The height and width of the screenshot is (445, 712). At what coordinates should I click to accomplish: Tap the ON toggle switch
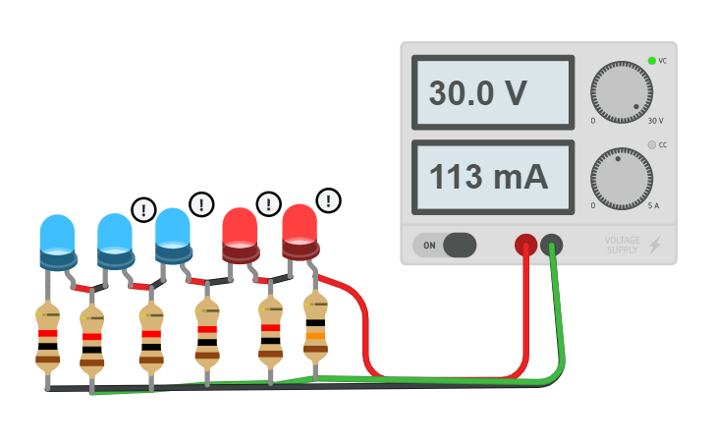[x=444, y=245]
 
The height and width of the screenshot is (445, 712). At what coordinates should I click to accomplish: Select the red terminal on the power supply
[x=525, y=244]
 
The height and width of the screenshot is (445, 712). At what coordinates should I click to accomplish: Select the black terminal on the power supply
[x=552, y=244]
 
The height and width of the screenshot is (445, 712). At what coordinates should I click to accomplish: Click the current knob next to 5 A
[x=621, y=179]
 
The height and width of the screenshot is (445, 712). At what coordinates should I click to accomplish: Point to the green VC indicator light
[x=651, y=61]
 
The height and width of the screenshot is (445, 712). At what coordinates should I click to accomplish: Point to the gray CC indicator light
[x=651, y=145]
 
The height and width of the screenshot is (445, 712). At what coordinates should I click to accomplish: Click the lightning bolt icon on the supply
[x=655, y=245]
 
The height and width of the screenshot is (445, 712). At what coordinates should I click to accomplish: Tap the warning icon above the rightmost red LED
[x=328, y=200]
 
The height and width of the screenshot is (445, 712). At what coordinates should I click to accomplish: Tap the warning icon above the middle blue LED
[x=143, y=209]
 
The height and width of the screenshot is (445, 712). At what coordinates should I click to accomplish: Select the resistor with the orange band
[x=315, y=334]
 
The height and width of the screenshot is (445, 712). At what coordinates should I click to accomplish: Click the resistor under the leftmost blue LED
[x=47, y=334]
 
